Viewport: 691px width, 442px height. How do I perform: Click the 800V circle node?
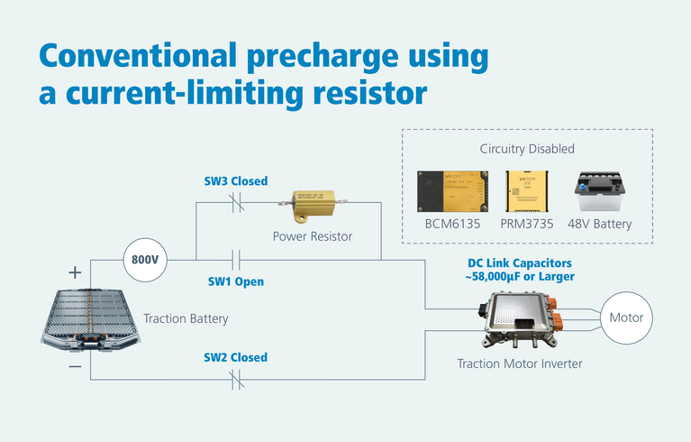(x=145, y=260)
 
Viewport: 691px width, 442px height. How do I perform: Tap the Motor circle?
(x=626, y=318)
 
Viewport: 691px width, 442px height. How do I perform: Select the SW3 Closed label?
(x=235, y=181)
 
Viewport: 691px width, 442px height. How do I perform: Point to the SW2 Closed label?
(x=234, y=357)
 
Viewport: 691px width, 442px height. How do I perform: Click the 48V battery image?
(x=603, y=192)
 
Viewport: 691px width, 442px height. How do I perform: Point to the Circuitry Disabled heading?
(x=527, y=148)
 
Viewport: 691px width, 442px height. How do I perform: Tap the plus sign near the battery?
(x=75, y=271)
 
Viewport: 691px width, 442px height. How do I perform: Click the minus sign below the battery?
(x=75, y=366)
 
